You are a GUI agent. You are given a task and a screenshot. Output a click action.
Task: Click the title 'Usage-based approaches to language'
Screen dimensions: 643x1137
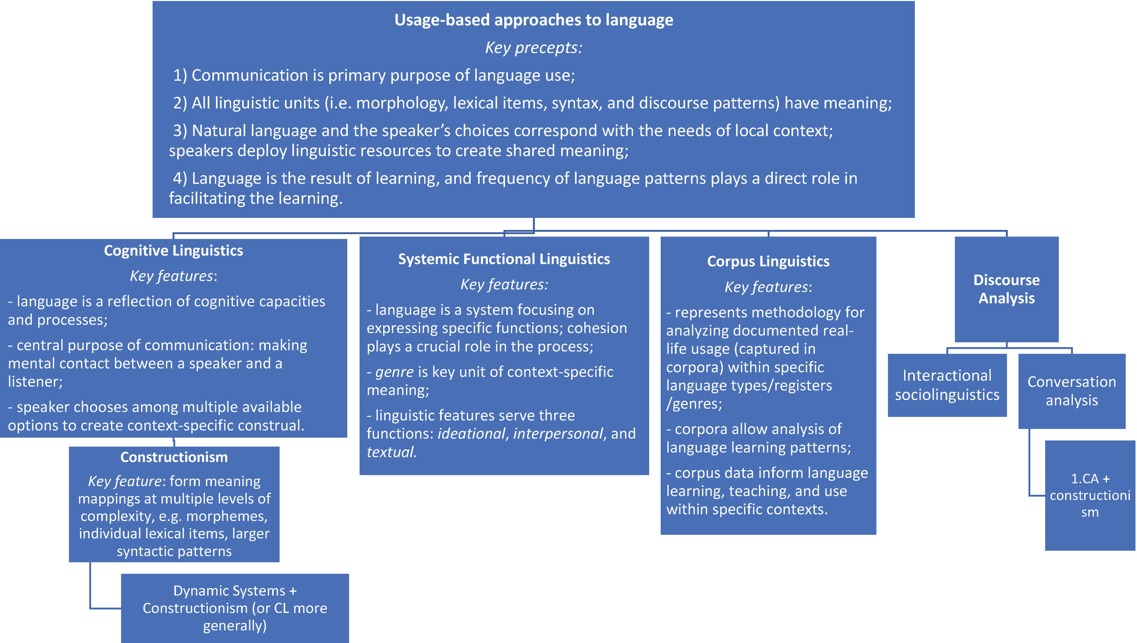(x=533, y=20)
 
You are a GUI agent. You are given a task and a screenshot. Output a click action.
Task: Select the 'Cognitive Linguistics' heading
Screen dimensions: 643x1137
(x=173, y=251)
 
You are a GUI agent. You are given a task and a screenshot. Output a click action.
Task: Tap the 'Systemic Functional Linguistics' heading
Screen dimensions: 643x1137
(x=504, y=259)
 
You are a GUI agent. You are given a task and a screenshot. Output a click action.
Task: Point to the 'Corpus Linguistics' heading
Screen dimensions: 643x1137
(x=768, y=262)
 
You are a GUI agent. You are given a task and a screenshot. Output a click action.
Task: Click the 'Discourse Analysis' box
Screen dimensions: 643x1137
(x=1006, y=289)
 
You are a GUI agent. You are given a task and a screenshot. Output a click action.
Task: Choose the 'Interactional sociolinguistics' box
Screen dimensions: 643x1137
(x=947, y=385)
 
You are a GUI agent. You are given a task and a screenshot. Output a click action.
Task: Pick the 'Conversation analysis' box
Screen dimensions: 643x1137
(x=1071, y=391)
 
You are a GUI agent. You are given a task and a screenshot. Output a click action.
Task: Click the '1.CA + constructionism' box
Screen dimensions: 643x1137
(x=1090, y=495)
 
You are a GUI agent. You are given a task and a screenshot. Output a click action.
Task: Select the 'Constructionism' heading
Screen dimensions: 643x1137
(x=174, y=457)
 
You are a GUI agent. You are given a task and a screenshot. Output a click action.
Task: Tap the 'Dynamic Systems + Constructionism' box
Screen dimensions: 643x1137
(x=235, y=608)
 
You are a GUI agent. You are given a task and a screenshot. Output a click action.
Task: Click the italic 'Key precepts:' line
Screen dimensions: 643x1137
(x=533, y=48)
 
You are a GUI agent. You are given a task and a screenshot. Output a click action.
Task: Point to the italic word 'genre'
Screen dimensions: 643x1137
(x=394, y=372)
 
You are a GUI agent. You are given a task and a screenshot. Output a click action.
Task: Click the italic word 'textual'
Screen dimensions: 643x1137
(x=391, y=452)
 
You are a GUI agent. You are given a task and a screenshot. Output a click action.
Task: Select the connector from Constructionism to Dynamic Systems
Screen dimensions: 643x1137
(x=91, y=590)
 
